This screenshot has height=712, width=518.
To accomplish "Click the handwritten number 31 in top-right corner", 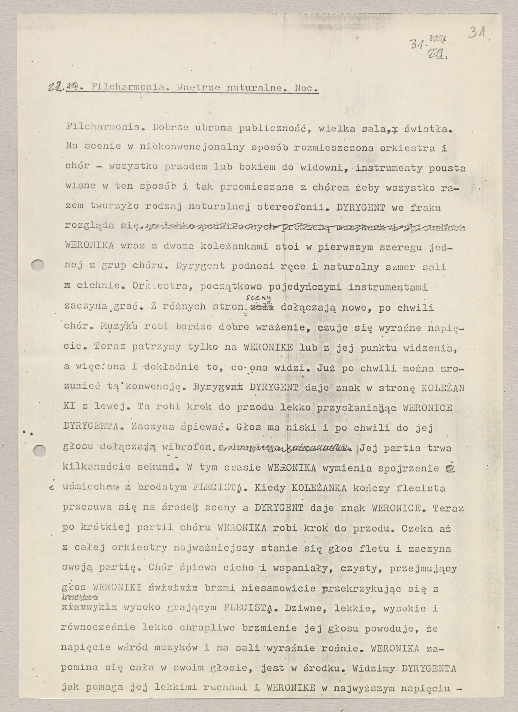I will [479, 33].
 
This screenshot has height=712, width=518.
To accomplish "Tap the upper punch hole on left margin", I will [39, 266].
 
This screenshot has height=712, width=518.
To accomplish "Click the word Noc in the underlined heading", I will [306, 89].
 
